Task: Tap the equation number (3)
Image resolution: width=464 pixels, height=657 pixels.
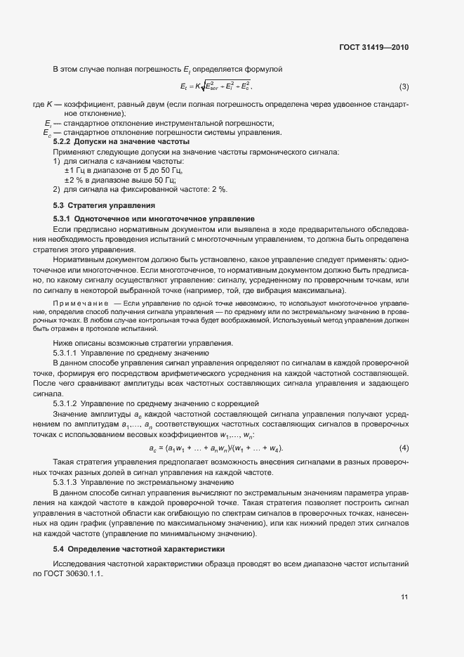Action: tap(404, 87)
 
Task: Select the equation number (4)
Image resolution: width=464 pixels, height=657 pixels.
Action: tap(404, 448)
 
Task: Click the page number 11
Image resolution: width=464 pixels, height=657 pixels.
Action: tap(404, 597)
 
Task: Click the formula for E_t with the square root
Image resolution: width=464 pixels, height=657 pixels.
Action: tap(216, 87)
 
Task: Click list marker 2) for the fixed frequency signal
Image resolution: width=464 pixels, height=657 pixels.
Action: tap(57, 189)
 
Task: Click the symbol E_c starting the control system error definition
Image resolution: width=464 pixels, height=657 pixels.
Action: tap(46, 133)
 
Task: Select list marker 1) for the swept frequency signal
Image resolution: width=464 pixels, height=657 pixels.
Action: tap(57, 162)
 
